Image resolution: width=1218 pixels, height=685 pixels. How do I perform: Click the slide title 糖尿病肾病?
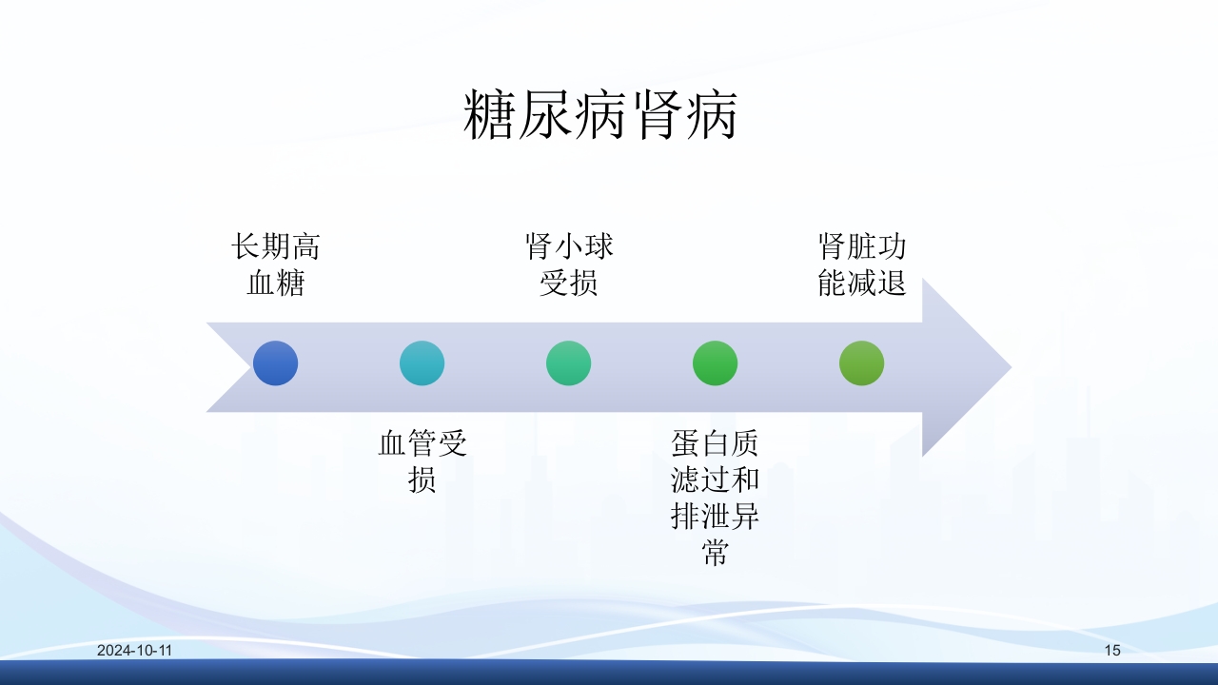[600, 117]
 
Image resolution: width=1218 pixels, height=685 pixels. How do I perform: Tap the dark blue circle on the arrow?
[276, 363]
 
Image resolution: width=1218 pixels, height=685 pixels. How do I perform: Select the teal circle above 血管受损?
[422, 363]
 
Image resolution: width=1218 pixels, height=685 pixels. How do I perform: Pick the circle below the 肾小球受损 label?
[569, 363]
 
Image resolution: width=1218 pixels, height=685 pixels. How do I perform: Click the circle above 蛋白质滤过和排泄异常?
[716, 363]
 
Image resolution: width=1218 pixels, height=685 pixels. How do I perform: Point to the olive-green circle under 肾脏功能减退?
[862, 363]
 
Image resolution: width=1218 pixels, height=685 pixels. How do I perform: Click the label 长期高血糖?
[276, 265]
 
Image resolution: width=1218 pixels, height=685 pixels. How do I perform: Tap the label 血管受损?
[422, 461]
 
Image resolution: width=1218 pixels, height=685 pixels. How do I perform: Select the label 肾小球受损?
[569, 265]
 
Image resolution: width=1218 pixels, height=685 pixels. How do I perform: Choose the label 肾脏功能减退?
[862, 265]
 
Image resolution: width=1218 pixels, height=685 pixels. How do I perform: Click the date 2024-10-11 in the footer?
[134, 651]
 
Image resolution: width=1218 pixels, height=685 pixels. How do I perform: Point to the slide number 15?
[1112, 651]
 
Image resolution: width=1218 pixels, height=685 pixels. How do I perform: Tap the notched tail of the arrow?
[228, 366]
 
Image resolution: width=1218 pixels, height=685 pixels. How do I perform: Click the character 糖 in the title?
[490, 117]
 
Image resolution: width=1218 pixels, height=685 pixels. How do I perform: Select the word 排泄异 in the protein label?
[716, 517]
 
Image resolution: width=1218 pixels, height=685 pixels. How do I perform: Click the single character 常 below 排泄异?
[716, 553]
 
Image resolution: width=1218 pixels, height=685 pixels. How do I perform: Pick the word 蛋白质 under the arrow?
[716, 443]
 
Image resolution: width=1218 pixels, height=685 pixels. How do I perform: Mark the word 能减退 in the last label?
[862, 284]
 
